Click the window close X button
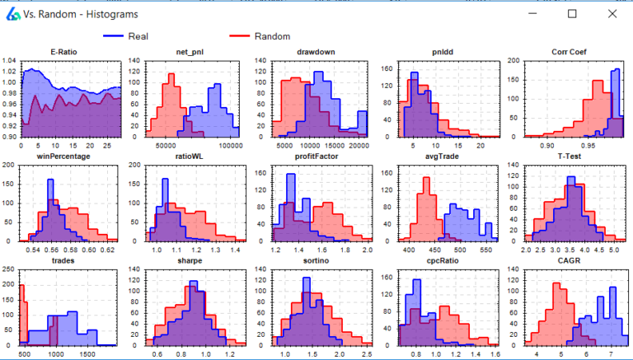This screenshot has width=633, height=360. click(612, 14)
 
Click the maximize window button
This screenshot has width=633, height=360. click(573, 14)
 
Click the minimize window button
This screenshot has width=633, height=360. click(533, 14)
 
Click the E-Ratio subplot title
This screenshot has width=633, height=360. click(64, 53)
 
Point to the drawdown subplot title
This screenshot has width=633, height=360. click(316, 53)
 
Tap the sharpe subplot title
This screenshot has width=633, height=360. click(190, 259)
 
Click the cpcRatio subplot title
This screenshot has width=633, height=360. click(442, 259)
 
